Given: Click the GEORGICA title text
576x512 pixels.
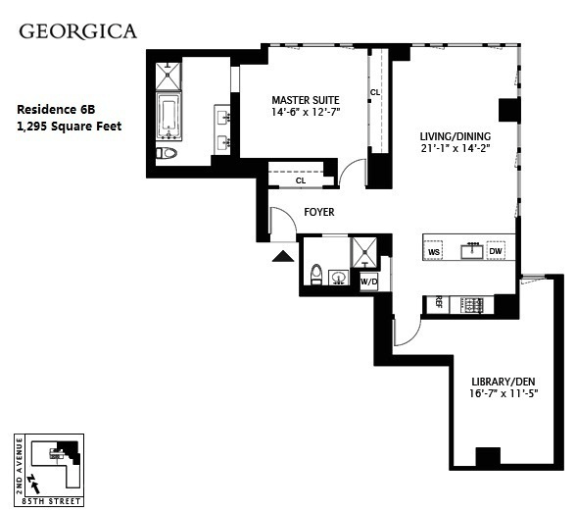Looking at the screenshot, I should pos(78,30).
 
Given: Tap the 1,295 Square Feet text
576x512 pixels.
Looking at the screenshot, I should pos(70,126).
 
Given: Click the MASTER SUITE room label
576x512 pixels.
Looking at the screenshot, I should pos(304,99).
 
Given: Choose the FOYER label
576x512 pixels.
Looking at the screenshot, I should pos(318,212).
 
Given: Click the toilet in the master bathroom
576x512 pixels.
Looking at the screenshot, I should pos(168,153).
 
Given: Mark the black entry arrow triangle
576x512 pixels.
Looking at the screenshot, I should pos(283,257).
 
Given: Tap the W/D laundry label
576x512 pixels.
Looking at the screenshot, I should pos(368,282).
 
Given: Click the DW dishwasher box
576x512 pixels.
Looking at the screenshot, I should pos(496,252).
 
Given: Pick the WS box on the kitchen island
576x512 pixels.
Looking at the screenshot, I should pos(434,252).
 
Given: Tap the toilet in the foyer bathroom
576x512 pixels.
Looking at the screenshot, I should pos(316,275).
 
